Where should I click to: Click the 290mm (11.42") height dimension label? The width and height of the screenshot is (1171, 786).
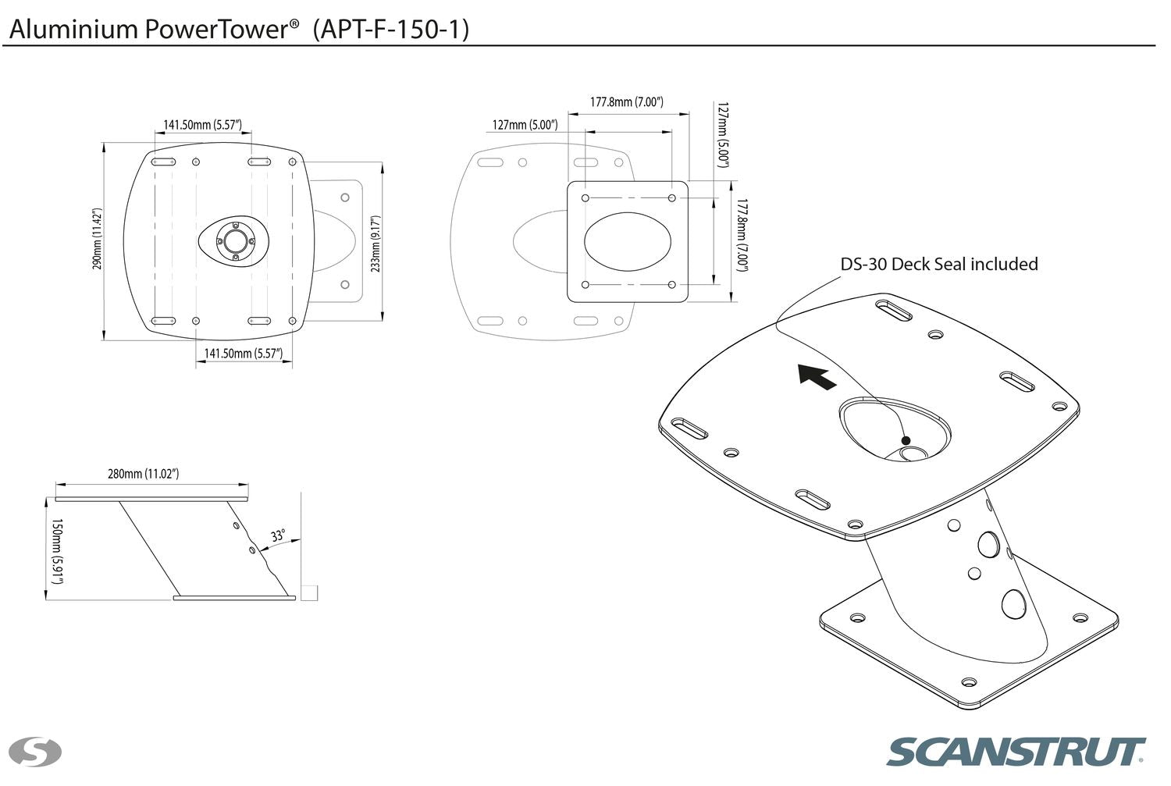(97, 239)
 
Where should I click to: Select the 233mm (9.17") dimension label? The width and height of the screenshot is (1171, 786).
(375, 244)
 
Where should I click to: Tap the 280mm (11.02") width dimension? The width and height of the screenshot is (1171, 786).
(144, 474)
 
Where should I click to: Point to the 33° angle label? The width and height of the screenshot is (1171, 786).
(278, 536)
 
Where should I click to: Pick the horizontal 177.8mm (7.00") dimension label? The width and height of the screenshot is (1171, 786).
(626, 102)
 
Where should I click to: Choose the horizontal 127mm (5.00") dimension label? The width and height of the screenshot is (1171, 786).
(525, 125)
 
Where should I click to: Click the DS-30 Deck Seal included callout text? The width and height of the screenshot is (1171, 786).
(939, 264)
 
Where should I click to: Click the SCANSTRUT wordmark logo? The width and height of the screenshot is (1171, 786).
(1016, 752)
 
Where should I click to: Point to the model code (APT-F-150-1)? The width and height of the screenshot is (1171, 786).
(391, 30)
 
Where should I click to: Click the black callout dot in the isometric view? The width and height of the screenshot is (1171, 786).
(906, 441)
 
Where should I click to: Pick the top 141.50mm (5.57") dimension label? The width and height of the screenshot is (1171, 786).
(202, 125)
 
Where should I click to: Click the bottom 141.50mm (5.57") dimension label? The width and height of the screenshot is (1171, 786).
(243, 354)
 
